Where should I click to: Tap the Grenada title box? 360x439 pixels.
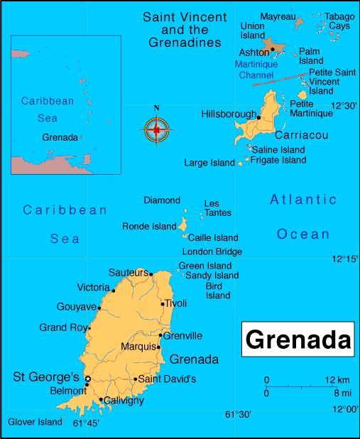click(298, 340)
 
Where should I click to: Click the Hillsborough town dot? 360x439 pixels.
click(259, 118)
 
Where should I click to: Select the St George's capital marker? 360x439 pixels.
click(87, 379)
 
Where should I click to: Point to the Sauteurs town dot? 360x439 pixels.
click(151, 273)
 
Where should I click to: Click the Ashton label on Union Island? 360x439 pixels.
click(253, 53)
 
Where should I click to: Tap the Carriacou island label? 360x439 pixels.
click(299, 135)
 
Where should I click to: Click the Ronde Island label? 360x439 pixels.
click(149, 227)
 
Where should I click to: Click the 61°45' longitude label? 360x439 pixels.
click(86, 423)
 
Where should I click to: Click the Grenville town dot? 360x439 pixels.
click(161, 335)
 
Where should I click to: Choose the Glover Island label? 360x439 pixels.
click(36, 422)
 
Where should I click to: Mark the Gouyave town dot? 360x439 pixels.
click(99, 308)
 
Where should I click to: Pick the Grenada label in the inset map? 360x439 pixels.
click(60, 137)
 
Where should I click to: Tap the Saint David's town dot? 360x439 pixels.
click(135, 379)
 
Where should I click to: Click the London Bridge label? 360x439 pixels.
click(212, 251)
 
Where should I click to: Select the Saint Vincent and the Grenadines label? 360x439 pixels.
click(185, 29)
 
